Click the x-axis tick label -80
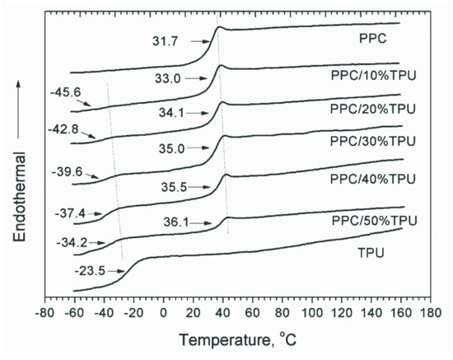(44, 314)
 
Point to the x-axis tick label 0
(164, 314)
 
